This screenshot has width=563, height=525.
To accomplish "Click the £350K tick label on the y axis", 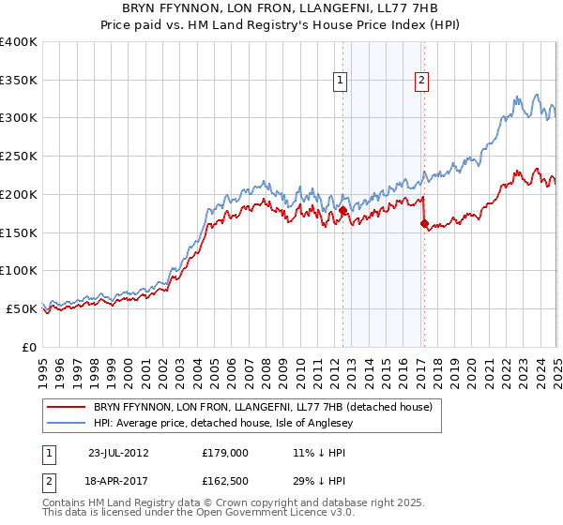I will click(19, 81).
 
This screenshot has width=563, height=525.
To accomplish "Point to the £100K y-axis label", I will click(19, 271).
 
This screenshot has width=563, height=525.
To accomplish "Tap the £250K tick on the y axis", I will click(19, 157).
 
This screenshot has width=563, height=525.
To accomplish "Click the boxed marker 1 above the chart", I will click(339, 82).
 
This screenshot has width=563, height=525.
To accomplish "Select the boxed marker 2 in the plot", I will click(422, 82).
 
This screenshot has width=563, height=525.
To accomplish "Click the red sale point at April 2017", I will click(424, 223).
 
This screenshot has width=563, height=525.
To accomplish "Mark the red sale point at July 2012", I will click(342, 211).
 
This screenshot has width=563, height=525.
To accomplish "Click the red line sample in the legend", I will click(66, 407).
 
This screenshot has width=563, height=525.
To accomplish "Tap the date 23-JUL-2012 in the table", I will click(117, 452).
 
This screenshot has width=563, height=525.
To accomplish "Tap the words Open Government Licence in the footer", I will click(244, 513).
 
